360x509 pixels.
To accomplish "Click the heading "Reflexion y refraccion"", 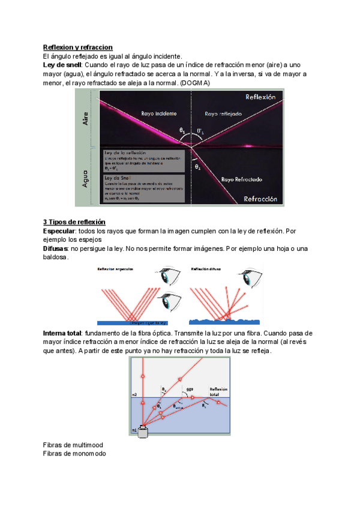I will pos(78,47).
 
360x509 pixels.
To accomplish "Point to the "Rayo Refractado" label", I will pos(241,179).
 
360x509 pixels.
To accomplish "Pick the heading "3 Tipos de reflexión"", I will pos(74,221).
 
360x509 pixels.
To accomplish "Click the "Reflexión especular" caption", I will pos(116,270).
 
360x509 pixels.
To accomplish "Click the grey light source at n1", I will pos(143,433).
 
